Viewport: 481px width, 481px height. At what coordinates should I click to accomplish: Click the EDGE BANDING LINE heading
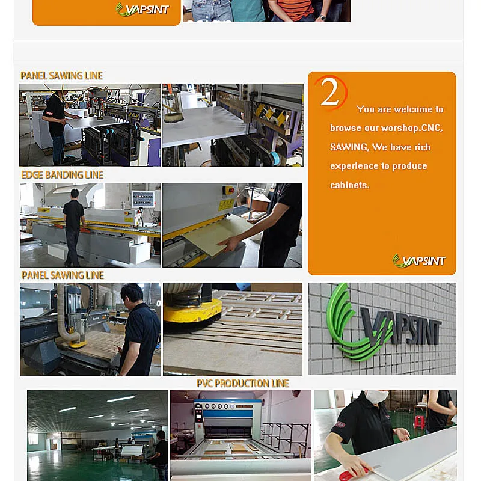(x=62, y=175)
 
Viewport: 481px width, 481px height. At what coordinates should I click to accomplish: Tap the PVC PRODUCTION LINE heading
(x=243, y=384)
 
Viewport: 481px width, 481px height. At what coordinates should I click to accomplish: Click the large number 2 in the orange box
(x=329, y=92)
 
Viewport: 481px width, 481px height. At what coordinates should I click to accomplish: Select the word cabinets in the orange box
(x=350, y=185)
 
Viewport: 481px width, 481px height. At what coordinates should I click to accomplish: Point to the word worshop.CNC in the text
(x=412, y=127)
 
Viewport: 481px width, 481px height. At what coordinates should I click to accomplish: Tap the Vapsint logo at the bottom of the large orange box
(x=419, y=261)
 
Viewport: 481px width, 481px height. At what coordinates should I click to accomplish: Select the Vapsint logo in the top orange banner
(x=142, y=9)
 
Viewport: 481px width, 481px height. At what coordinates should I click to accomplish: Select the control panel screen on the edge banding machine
(x=142, y=198)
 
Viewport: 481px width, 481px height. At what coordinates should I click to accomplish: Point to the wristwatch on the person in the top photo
(x=322, y=17)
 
